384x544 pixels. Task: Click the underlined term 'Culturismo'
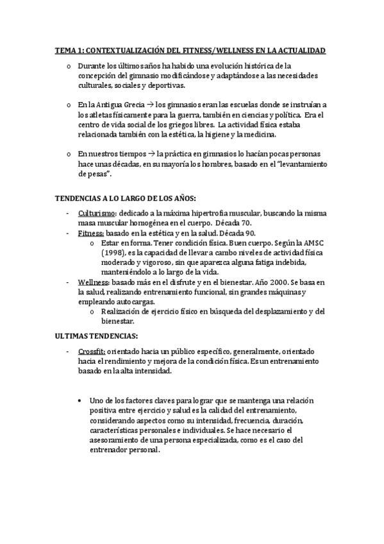point(97,212)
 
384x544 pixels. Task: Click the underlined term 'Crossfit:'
point(92,352)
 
